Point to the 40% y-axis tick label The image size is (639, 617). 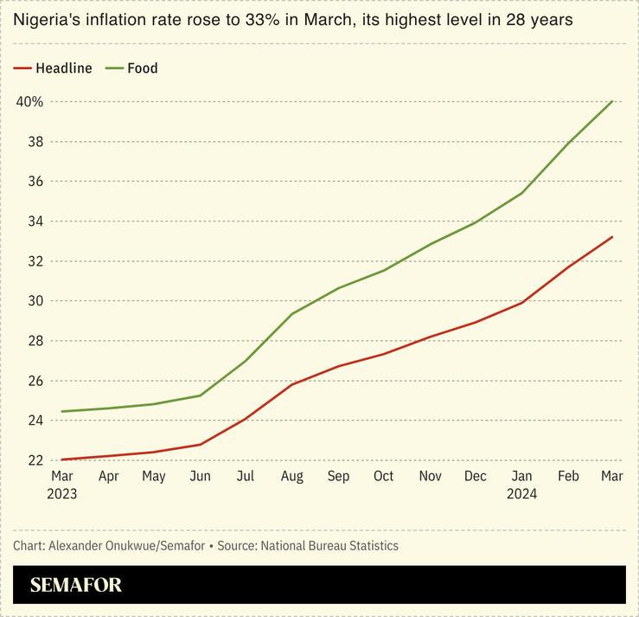pyautogui.click(x=29, y=101)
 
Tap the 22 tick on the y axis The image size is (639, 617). pyautogui.click(x=35, y=460)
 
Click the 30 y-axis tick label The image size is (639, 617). pyautogui.click(x=35, y=301)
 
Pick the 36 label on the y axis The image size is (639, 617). pyautogui.click(x=35, y=182)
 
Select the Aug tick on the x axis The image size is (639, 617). pyautogui.click(x=291, y=476)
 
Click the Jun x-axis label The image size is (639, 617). pyautogui.click(x=200, y=476)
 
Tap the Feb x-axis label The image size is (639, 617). pyautogui.click(x=567, y=476)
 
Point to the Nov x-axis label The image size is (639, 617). pyautogui.click(x=430, y=476)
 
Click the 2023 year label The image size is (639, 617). pyautogui.click(x=62, y=494)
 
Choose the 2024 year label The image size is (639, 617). pyautogui.click(x=521, y=494)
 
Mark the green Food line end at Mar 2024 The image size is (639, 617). pyautogui.click(x=612, y=101)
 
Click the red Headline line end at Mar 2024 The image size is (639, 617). pyautogui.click(x=612, y=237)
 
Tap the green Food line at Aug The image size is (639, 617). pyautogui.click(x=291, y=314)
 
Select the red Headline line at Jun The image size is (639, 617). pyautogui.click(x=200, y=445)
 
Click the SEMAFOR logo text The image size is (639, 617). pyautogui.click(x=76, y=585)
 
